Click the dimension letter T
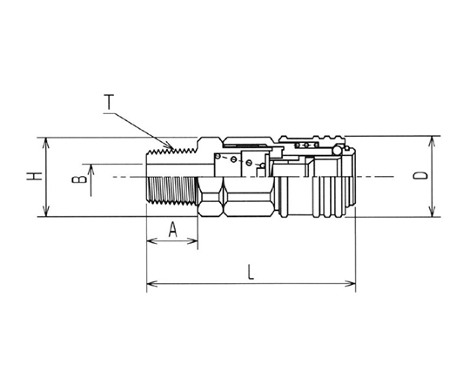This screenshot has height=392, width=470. pyautogui.click(x=110, y=102)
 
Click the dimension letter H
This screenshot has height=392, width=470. pyautogui.click(x=34, y=176)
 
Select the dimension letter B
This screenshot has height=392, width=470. pyautogui.click(x=79, y=179)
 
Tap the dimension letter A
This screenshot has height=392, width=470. pyautogui.click(x=172, y=229)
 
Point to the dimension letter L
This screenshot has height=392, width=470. pyautogui.click(x=251, y=272)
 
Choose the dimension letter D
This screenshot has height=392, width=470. pyautogui.click(x=420, y=176)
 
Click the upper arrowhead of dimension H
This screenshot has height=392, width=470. pyautogui.click(x=45, y=143)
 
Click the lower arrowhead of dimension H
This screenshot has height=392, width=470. pyautogui.click(x=45, y=212)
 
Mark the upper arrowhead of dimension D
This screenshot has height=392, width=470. pyautogui.click(x=432, y=142)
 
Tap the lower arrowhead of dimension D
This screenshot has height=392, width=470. pyautogui.click(x=432, y=212)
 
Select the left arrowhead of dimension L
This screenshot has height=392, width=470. pyautogui.click(x=152, y=283)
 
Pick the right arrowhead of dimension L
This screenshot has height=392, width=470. pyautogui.click(x=350, y=283)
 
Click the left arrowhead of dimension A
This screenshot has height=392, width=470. pyautogui.click(x=152, y=240)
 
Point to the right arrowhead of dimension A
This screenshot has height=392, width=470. pyautogui.click(x=192, y=240)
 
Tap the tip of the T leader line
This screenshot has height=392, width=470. pyautogui.click(x=173, y=148)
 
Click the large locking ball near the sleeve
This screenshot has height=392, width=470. pyautogui.click(x=337, y=150)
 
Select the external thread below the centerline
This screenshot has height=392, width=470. pyautogui.click(x=172, y=191)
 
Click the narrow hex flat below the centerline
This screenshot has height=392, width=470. pyautogui.click(x=210, y=197)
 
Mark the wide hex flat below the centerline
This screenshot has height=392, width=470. pyautogui.click(x=248, y=197)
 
